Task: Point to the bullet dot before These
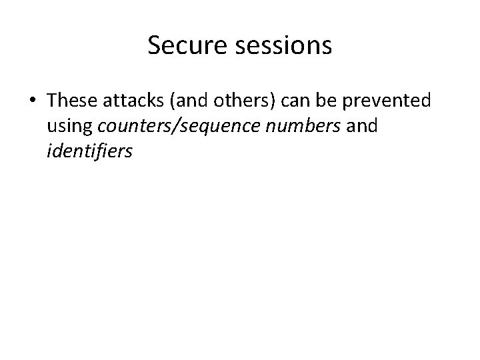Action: tap(33, 101)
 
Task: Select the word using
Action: tap(68, 127)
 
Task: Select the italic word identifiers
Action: tap(90, 153)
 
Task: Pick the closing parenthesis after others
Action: tap(277, 101)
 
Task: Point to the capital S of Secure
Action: tap(154, 45)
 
